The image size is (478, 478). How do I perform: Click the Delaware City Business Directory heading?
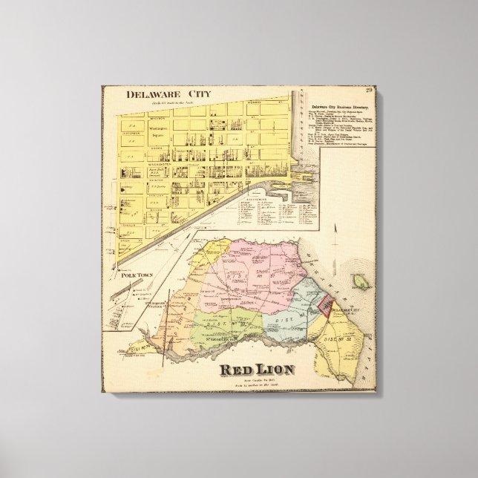point(343,108)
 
